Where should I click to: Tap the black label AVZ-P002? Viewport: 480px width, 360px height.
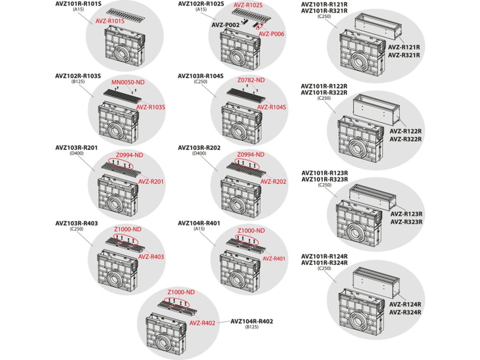[x=226, y=25]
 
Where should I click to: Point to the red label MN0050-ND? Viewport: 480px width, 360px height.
[x=128, y=82]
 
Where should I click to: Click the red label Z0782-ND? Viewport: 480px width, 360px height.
[x=251, y=81]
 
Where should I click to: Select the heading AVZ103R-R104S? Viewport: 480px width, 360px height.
[x=200, y=75]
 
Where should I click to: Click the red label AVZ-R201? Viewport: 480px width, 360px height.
[x=150, y=181]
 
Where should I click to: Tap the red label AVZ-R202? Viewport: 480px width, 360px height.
[x=273, y=181]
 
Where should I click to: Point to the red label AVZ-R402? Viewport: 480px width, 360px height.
[x=202, y=323]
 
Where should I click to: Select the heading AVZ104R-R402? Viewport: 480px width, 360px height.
[x=251, y=322]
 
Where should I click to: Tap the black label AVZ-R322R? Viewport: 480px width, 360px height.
[x=406, y=139]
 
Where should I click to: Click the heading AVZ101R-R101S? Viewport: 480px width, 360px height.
[x=78, y=3]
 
